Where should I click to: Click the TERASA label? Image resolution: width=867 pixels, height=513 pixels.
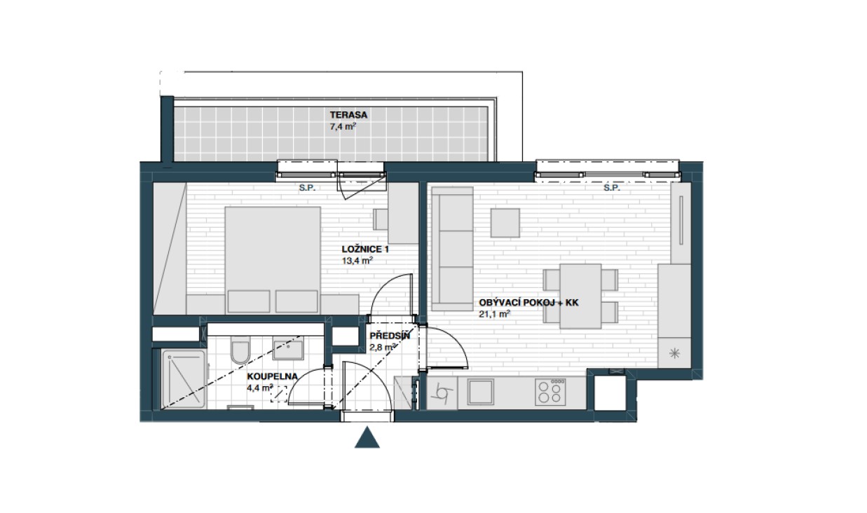click(348, 115)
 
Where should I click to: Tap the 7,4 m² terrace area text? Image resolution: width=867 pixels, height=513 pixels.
click(343, 126)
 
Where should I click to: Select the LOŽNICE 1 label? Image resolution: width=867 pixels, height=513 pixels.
click(365, 249)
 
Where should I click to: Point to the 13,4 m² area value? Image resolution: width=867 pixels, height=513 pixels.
click(357, 261)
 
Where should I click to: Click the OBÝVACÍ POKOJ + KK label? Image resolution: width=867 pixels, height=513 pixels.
click(528, 303)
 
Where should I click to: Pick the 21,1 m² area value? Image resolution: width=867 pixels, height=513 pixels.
click(494, 314)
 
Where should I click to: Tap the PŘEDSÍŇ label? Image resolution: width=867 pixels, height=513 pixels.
click(390, 336)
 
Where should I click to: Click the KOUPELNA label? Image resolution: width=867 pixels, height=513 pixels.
click(273, 376)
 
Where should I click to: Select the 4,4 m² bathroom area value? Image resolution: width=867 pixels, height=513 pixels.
click(260, 388)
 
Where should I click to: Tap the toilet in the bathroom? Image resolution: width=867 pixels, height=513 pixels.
click(240, 350)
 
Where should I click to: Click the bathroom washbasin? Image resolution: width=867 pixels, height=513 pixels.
click(288, 348)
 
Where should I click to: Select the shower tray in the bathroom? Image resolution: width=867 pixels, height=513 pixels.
click(184, 378)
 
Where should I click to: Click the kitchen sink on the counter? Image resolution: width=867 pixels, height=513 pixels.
click(480, 392)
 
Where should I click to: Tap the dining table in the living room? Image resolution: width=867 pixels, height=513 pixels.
click(580, 296)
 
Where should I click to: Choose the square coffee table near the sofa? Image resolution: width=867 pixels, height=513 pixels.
click(505, 223)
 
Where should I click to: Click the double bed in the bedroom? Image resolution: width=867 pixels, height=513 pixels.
click(273, 260)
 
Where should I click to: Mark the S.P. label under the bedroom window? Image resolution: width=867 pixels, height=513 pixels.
click(307, 189)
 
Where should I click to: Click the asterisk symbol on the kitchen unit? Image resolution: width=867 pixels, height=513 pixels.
click(675, 353)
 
